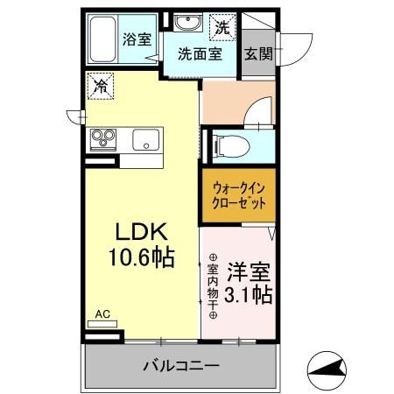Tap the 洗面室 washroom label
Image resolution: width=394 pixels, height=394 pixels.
coord(200,53)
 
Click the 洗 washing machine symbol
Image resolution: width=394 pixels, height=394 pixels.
coord(223,27)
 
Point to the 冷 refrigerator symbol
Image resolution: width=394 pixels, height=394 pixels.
coord(101,86)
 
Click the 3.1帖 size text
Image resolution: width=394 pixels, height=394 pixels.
coord(247,295)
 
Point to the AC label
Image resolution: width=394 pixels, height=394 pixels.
coord(102,313)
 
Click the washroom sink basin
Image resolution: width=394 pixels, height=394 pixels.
coord(185,24)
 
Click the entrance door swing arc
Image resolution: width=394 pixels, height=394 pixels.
coord(302,41)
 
